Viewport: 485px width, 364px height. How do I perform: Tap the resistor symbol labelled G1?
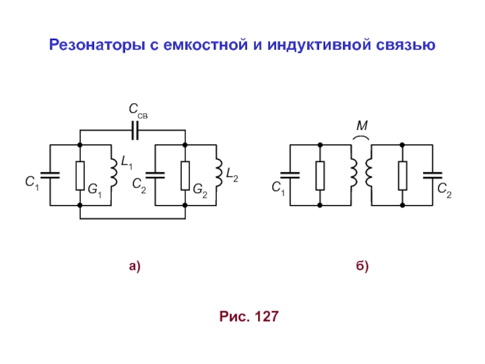[x=80, y=175]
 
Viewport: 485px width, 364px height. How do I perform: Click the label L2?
[x=232, y=176]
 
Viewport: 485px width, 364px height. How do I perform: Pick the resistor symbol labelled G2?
[x=186, y=175]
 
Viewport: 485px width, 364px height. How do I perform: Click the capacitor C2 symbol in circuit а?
[x=156, y=175]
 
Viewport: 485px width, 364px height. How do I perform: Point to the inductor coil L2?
[x=218, y=174]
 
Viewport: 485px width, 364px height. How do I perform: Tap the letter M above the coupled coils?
[x=362, y=126]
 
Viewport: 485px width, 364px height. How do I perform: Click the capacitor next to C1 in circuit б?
[x=291, y=175]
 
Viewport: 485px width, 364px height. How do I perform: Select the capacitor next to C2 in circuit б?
[x=433, y=175]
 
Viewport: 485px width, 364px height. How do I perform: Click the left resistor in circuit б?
[x=320, y=175]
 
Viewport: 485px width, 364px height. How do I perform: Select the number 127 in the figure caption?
[x=267, y=316]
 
